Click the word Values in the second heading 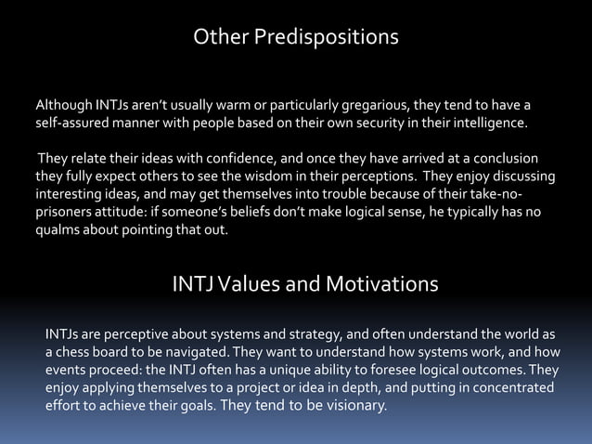tap(254, 283)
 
